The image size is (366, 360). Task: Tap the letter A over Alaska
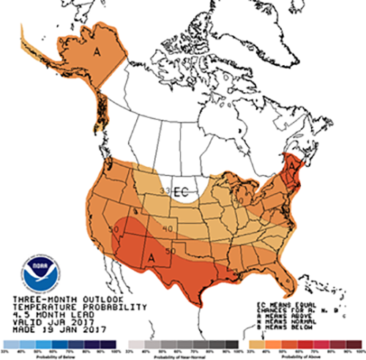coord(97,52)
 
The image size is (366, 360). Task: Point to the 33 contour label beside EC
coord(166,190)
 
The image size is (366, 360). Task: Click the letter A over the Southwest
coord(152,257)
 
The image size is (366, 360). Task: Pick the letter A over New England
coord(292,168)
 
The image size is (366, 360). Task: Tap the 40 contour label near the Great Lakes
coord(238,198)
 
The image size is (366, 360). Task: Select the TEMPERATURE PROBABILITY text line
coord(56,307)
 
